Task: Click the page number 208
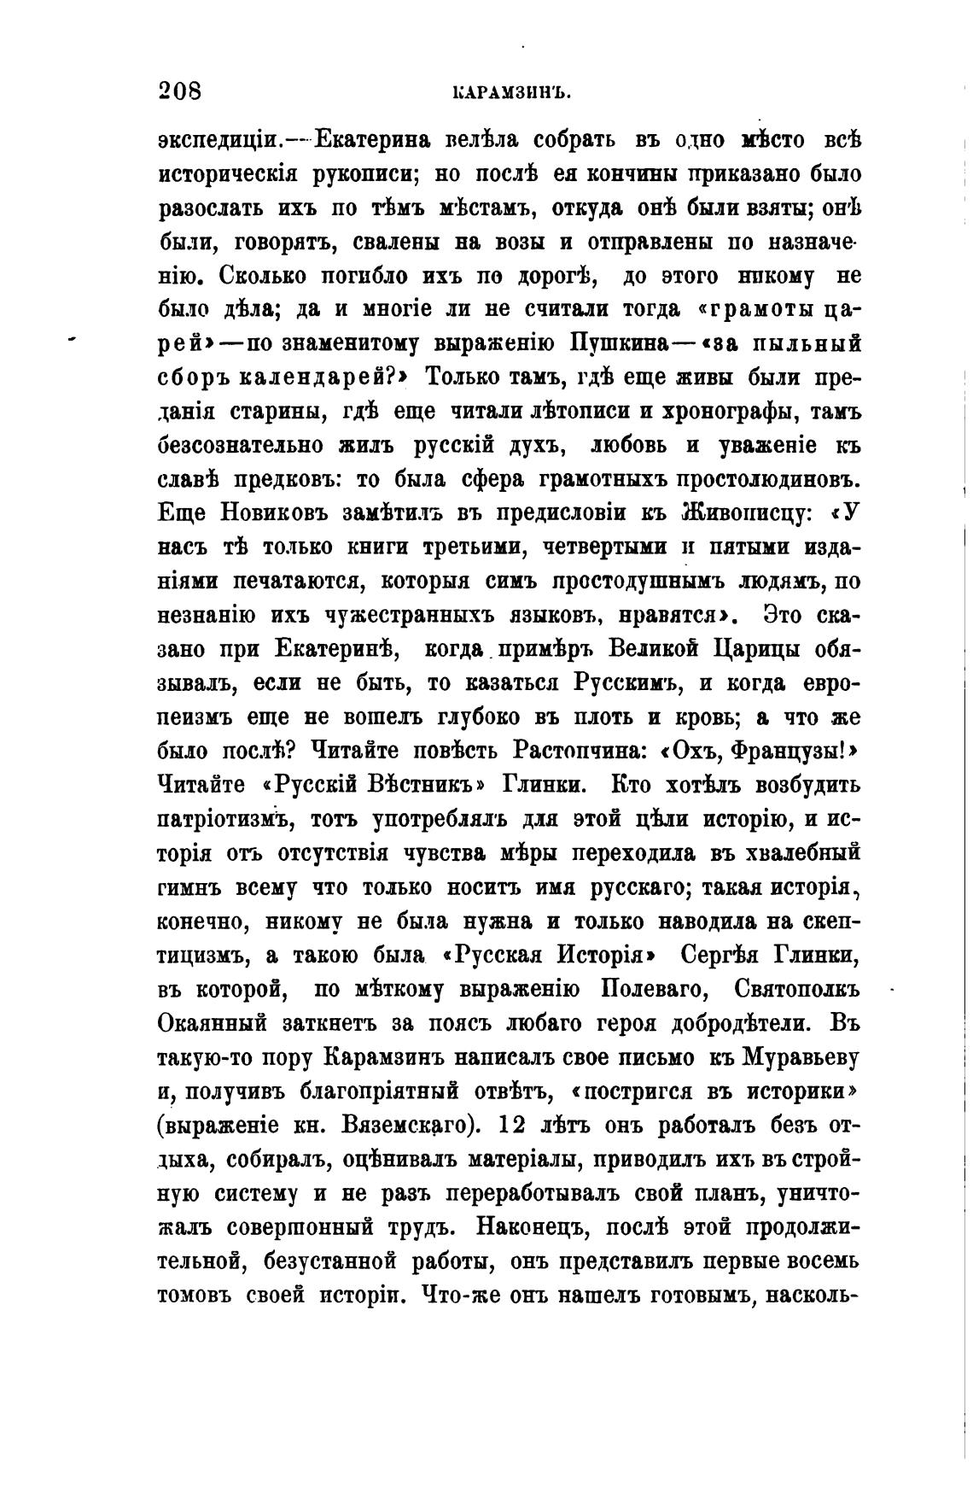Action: [x=179, y=91]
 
